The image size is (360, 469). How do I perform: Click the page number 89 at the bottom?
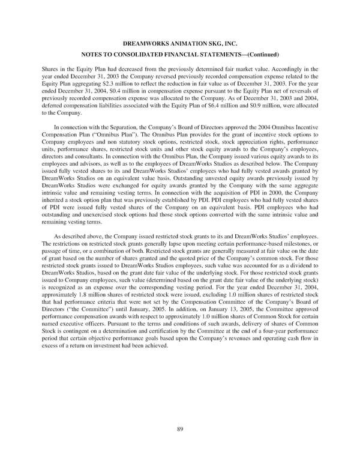[179, 428]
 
